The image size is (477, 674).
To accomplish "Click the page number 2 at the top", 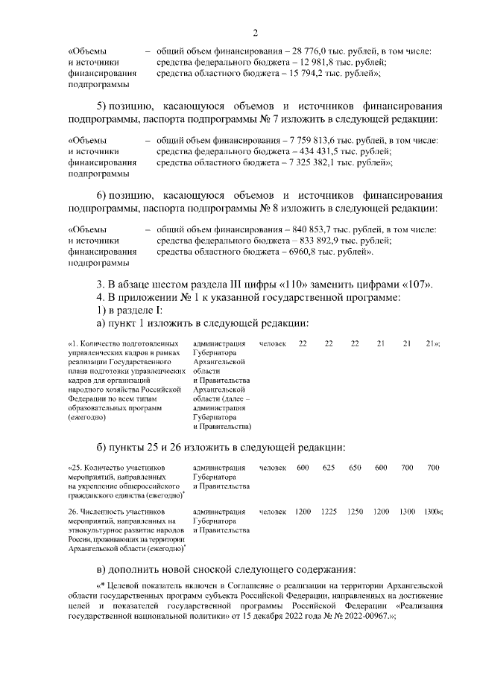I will [x=255, y=32].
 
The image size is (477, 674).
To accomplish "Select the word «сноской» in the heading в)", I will [x=205, y=569].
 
